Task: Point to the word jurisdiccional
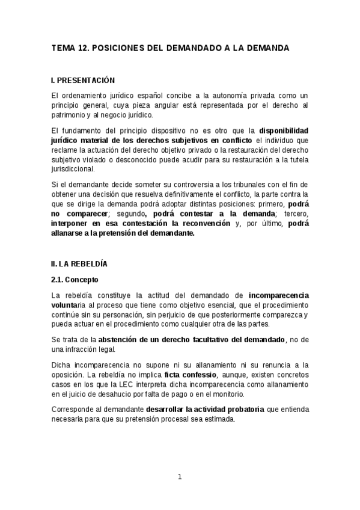coord(73,168)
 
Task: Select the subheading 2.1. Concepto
coord(75,280)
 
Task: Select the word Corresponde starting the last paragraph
coord(74,410)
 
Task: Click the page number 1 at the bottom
coord(180,477)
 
